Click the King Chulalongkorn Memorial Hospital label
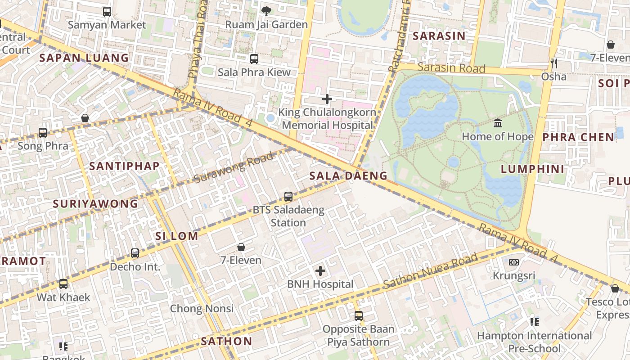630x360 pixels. pos(327,119)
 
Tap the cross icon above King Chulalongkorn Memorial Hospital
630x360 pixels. pos(327,99)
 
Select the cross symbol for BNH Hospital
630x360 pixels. pos(320,271)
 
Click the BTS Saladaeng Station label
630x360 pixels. pos(288,216)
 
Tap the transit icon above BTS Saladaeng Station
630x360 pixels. pos(288,197)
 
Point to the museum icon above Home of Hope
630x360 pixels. pos(498,123)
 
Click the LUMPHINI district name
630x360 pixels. pos(532,169)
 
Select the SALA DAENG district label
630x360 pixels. pos(348,176)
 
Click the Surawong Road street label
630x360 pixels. pos(234,168)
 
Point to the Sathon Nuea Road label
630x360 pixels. pos(430,271)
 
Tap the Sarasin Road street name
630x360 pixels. pos(451,68)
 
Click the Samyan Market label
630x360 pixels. pos(107,25)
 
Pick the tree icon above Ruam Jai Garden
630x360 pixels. pos(266,11)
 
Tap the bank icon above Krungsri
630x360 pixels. pos(513,262)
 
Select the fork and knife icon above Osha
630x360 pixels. pos(553,63)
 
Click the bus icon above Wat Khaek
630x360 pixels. pos(63,284)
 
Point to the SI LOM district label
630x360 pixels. pos(176,236)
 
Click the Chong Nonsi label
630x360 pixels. pos(202,309)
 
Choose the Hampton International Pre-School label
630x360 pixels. pos(534,342)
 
